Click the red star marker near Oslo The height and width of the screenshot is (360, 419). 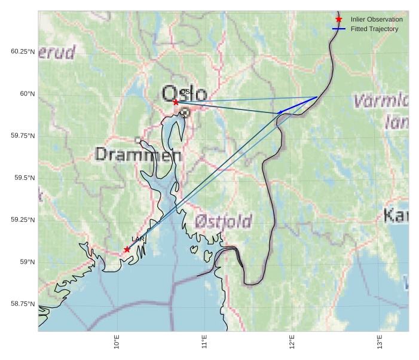[176, 102]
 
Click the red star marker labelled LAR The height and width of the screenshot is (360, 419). [127, 249]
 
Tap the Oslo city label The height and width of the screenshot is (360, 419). [185, 94]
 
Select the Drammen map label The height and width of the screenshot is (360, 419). [138, 155]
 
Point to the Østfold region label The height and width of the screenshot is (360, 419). [224, 221]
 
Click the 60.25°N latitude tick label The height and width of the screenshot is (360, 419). [23, 51]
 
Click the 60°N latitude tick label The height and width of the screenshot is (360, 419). [27, 94]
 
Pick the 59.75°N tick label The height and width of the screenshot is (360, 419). [23, 136]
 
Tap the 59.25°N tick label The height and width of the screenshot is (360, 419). [23, 220]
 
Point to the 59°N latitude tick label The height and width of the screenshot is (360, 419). [27, 262]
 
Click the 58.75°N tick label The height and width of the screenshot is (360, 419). [23, 304]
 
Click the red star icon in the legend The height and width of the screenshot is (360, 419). [338, 19]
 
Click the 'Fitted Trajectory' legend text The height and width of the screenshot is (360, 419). [374, 29]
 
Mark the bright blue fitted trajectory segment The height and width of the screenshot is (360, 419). [298, 105]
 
